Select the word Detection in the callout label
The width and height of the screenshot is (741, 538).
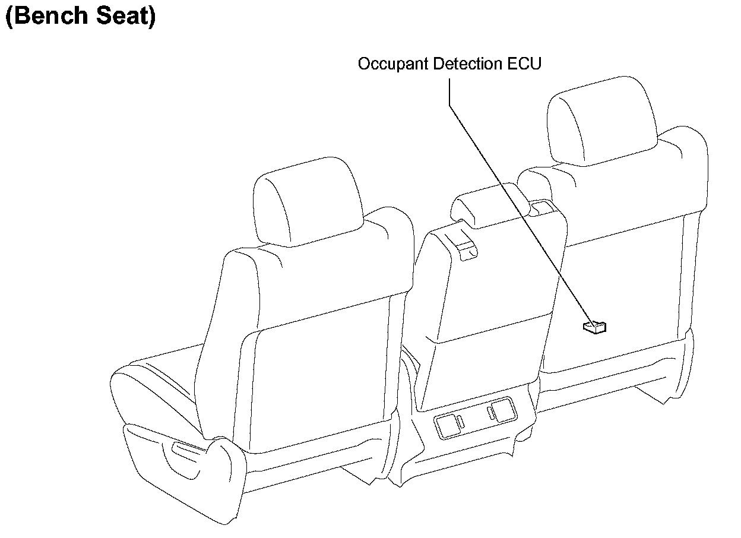[x=467, y=64]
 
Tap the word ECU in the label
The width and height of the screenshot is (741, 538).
[x=525, y=64]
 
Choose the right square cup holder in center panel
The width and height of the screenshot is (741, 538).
[x=505, y=410]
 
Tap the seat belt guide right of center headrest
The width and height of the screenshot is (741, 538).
[x=541, y=207]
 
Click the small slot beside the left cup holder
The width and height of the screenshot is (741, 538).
[x=461, y=422]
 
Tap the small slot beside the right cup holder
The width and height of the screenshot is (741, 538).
[x=490, y=413]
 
